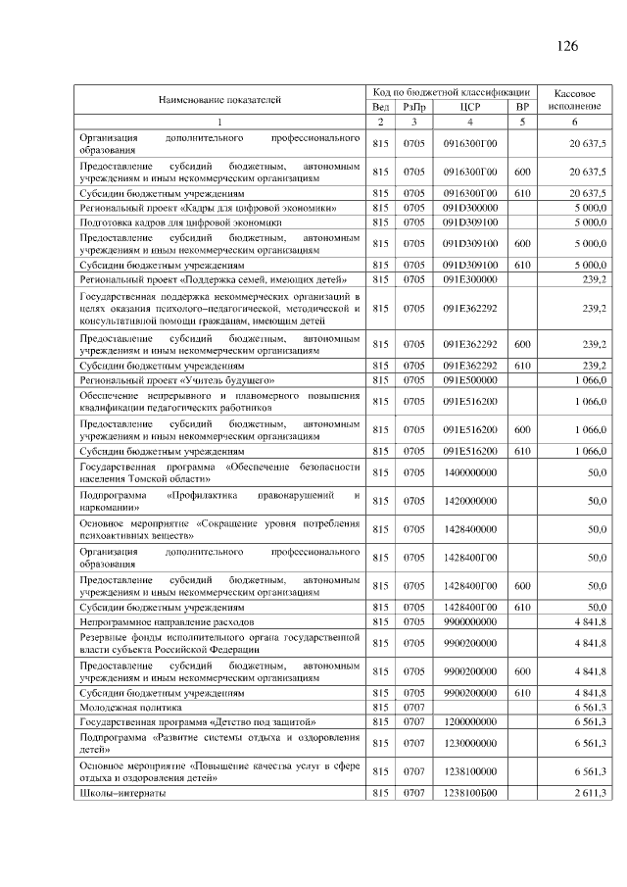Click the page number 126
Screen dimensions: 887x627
point(567,46)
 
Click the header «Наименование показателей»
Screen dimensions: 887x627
point(219,99)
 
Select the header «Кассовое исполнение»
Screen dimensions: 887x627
point(575,98)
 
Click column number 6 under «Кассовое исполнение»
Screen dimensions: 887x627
point(575,122)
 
